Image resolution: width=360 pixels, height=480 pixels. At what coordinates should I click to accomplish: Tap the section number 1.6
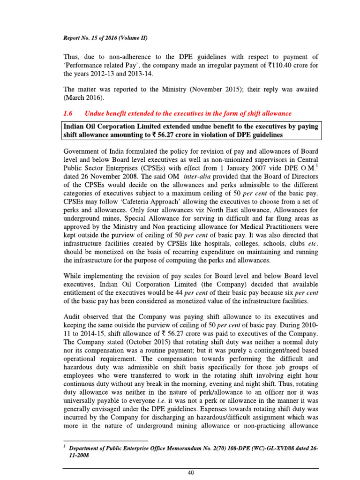(x=68, y=113)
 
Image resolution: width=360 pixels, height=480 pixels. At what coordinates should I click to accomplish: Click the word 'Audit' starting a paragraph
(x=72, y=305)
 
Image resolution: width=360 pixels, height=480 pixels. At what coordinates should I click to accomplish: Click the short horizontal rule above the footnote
(x=105, y=441)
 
